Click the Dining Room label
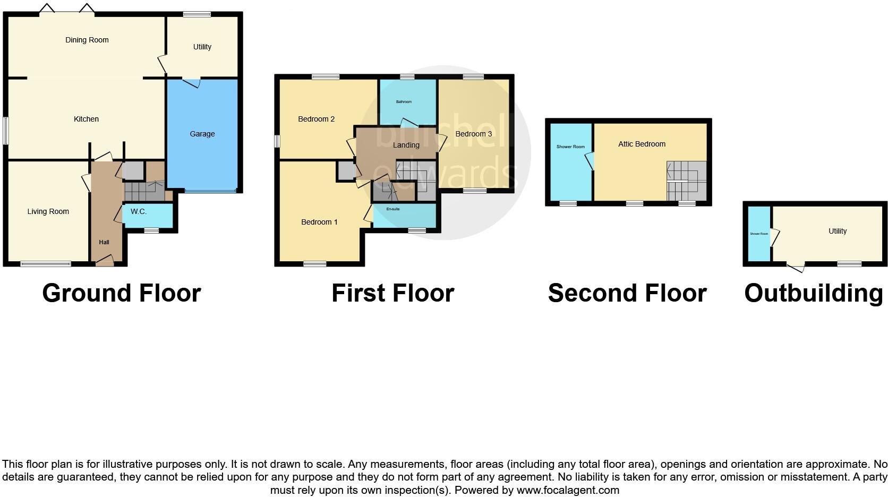[87, 40]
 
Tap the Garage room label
[202, 134]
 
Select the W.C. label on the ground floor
[139, 211]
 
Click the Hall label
[104, 242]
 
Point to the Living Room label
[48, 211]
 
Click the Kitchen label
[86, 119]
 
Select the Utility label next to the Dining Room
[202, 47]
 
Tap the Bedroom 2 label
[317, 119]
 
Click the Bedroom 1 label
[319, 222]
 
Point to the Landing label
[406, 145]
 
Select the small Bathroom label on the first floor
[404, 101]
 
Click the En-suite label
[393, 209]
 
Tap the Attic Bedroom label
[642, 144]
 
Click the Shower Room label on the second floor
[570, 147]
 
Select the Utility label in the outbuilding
[838, 231]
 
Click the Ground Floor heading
[122, 293]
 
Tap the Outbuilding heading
[813, 293]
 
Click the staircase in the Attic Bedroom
[687, 181]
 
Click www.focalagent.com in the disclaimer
[568, 490]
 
